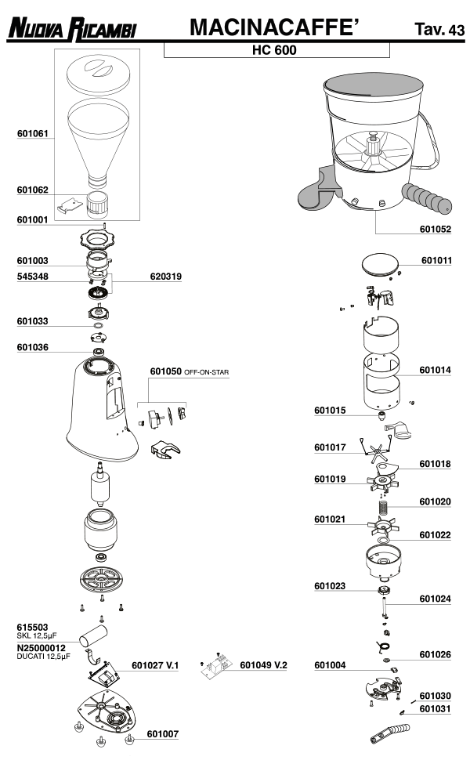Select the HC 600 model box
click(276, 49)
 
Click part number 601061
click(33, 133)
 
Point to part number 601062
click(33, 190)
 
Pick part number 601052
click(436, 230)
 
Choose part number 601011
click(436, 259)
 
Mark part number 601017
click(330, 447)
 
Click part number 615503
click(33, 628)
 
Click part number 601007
click(163, 735)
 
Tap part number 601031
click(435, 709)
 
